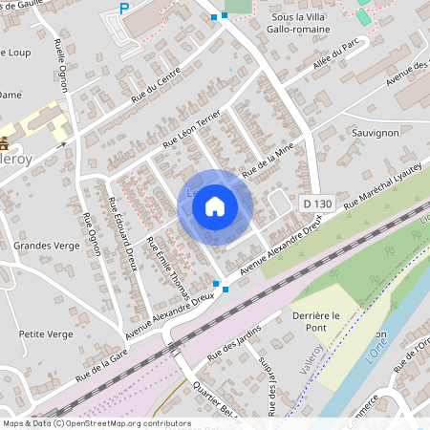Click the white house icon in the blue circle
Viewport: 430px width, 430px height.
(215, 206)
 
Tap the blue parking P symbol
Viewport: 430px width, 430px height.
(123, 10)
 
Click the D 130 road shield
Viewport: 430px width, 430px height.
(316, 204)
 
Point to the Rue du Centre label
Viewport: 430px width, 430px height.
(155, 91)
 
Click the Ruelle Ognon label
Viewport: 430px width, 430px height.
(61, 67)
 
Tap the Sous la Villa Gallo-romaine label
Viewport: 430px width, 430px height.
(301, 23)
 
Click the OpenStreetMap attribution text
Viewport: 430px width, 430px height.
(96, 423)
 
